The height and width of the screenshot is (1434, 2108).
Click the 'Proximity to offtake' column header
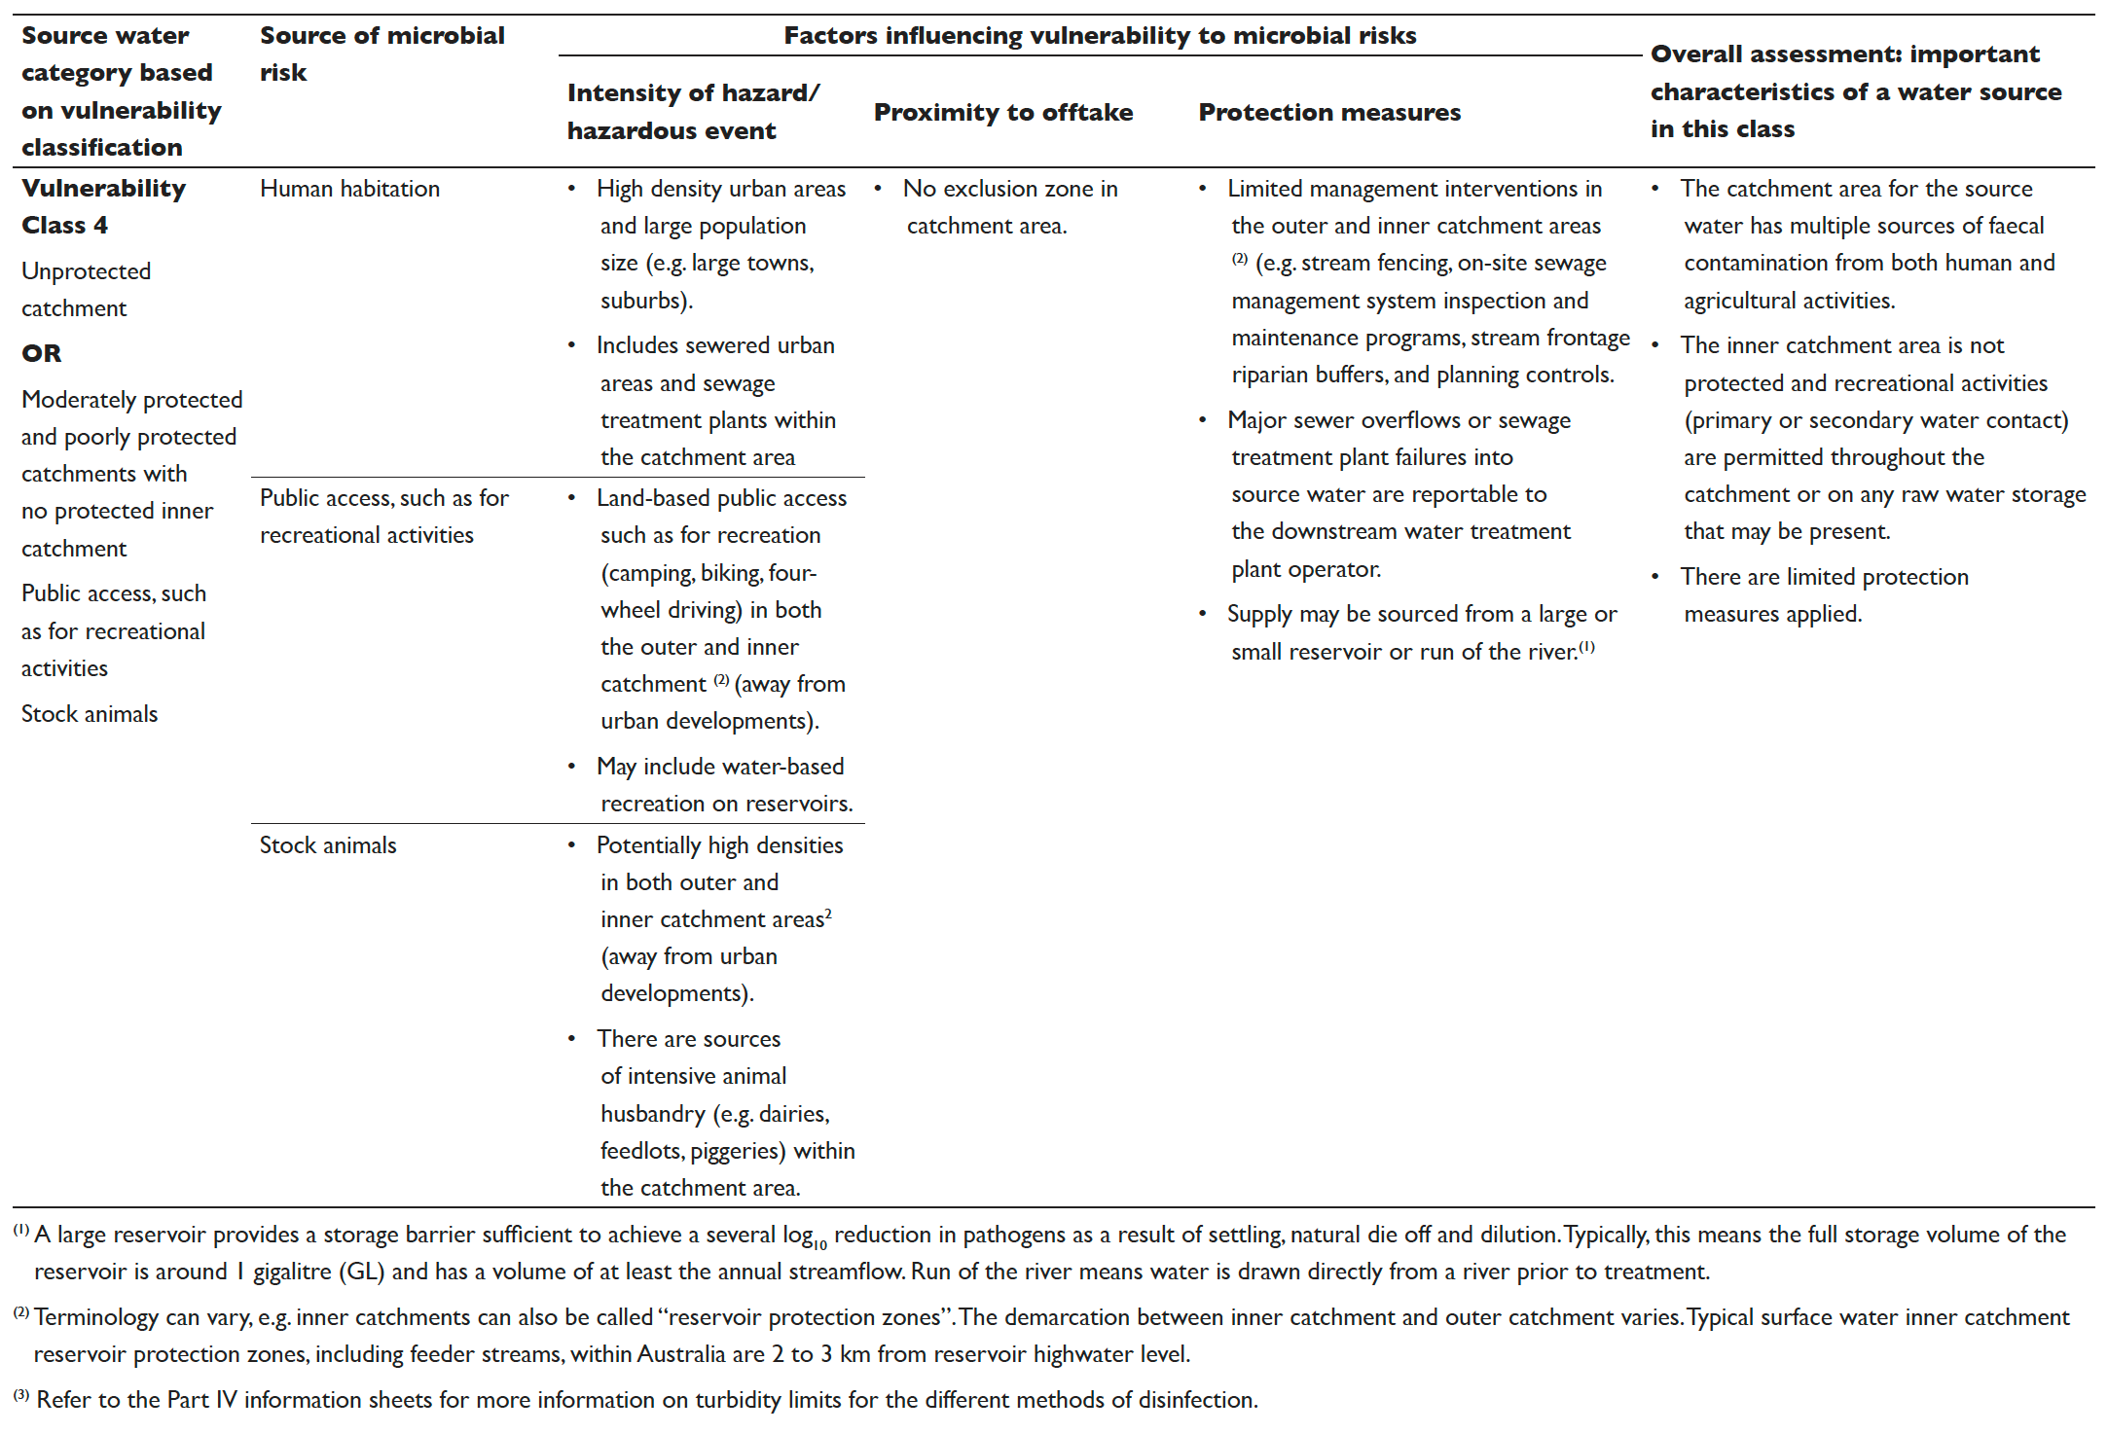tap(1002, 112)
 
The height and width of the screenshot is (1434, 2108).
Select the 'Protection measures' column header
tap(1328, 112)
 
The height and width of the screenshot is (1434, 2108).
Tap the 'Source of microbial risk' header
tap(382, 54)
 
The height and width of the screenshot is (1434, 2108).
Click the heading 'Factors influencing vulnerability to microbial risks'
tap(1100, 36)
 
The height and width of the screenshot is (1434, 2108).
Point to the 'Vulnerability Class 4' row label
tap(103, 206)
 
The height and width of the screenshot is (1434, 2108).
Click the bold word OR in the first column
tap(41, 353)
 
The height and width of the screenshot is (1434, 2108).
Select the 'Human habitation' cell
tap(349, 189)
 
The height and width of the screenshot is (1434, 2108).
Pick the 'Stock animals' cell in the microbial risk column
tap(328, 845)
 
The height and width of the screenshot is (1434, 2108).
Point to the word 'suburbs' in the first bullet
tap(644, 301)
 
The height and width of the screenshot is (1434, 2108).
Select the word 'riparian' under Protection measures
tap(1271, 376)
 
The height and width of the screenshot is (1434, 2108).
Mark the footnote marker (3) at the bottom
tap(21, 1396)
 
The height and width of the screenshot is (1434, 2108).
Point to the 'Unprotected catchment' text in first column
tap(86, 289)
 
